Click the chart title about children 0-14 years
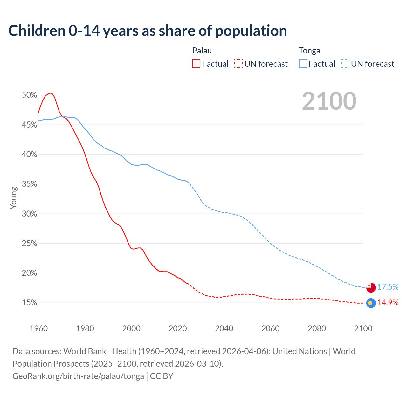click(148, 31)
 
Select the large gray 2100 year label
click(329, 101)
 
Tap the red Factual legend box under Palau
click(196, 64)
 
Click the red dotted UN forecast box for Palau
click(238, 64)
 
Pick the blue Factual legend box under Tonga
click(303, 64)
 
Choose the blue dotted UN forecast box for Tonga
click(345, 64)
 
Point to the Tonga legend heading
click(309, 51)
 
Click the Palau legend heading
click(202, 51)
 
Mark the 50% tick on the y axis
click(30, 95)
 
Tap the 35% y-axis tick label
click(30, 184)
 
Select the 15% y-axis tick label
click(30, 303)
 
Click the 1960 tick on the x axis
click(38, 328)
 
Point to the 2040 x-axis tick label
click(224, 328)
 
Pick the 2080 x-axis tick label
click(317, 328)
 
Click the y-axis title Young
click(14, 198)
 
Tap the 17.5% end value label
click(388, 287)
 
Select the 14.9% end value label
click(388, 302)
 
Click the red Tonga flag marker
click(371, 287)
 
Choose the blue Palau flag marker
click(371, 303)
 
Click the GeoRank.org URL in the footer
click(78, 376)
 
